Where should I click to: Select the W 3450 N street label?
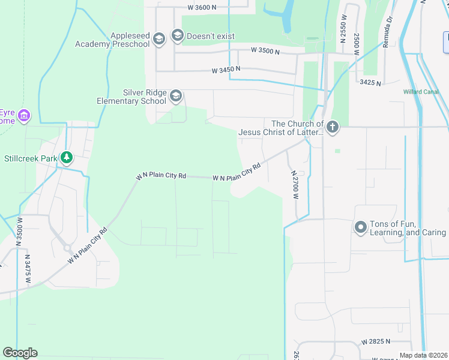pos(226,70)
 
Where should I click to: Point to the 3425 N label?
pos(370,82)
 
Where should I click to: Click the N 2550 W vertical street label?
pos(343,34)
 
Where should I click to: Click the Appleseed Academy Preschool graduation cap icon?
pos(159,40)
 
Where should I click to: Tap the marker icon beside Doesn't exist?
pos(177,36)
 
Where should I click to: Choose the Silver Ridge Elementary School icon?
pos(176,96)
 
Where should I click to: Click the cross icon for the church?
pos(333,127)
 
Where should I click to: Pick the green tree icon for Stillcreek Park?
pos(67,158)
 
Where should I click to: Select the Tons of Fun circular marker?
pos(361,227)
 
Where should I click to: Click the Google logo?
pos(20,353)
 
